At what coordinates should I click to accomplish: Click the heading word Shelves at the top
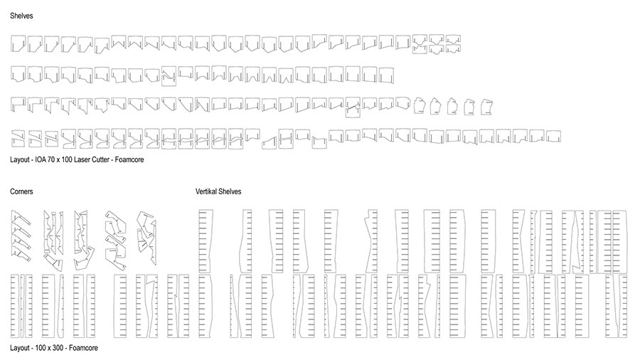21,16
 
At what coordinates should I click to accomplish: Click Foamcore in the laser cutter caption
129,159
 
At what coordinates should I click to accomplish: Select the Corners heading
21,191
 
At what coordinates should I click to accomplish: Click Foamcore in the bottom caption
83,348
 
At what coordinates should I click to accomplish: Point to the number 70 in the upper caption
51,159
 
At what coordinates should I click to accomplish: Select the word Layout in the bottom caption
20,348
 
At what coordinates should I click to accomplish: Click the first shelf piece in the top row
18,43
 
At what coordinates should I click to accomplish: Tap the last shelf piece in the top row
453,44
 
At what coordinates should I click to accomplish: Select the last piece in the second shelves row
386,75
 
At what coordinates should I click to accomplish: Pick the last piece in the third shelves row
486,107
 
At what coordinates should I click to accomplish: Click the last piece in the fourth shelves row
553,137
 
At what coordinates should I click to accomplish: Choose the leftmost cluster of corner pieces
21,236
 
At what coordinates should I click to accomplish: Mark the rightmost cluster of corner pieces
147,238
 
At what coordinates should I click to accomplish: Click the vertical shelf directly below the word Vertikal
206,241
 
